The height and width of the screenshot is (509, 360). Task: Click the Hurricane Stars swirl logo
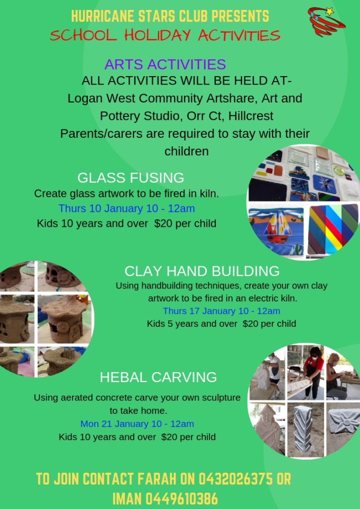point(326,21)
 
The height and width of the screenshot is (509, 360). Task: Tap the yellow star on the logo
point(330,11)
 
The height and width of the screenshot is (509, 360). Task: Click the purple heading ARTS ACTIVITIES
point(165,64)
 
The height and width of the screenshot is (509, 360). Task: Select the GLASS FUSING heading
point(131,178)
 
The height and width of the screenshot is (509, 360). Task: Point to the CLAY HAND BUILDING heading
point(202,271)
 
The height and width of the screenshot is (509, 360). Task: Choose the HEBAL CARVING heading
point(158,377)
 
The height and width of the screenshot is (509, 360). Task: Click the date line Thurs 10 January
point(126,208)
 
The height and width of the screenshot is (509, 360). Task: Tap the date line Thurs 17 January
point(221,311)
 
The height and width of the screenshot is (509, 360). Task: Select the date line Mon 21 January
point(137,423)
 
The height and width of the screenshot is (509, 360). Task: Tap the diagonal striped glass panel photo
point(333,229)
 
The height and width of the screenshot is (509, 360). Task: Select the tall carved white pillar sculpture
point(304,428)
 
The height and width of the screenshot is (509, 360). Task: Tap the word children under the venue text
point(186,151)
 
